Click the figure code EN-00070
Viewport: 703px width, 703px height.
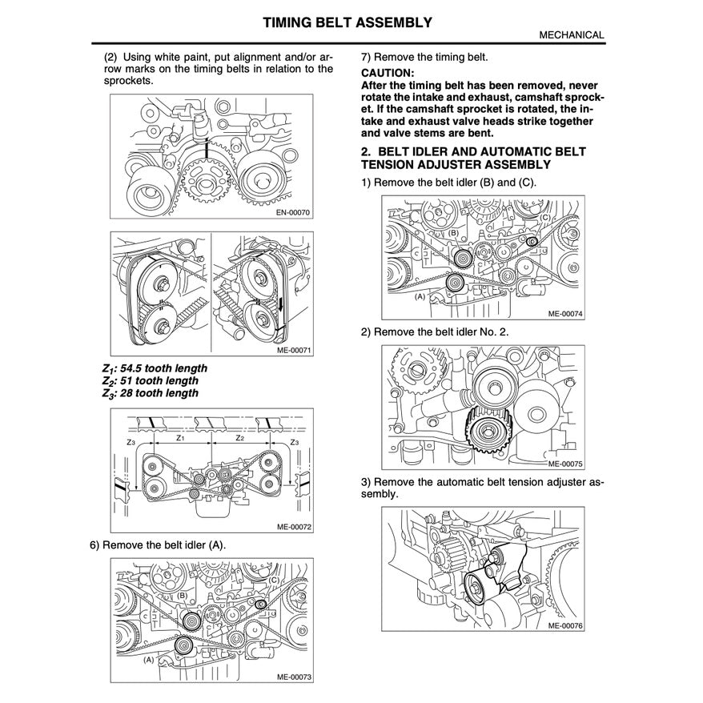pyautogui.click(x=291, y=213)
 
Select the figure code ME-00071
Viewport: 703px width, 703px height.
pyautogui.click(x=291, y=349)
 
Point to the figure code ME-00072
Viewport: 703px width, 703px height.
pyautogui.click(x=291, y=527)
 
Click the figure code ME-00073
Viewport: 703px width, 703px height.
pyautogui.click(x=291, y=677)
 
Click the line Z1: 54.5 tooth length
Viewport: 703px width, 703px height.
pyautogui.click(x=155, y=368)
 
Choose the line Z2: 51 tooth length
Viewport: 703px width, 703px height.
pyautogui.click(x=150, y=381)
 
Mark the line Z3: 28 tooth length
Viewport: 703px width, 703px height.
pyautogui.click(x=150, y=393)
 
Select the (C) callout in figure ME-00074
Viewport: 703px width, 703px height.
pyautogui.click(x=544, y=218)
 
